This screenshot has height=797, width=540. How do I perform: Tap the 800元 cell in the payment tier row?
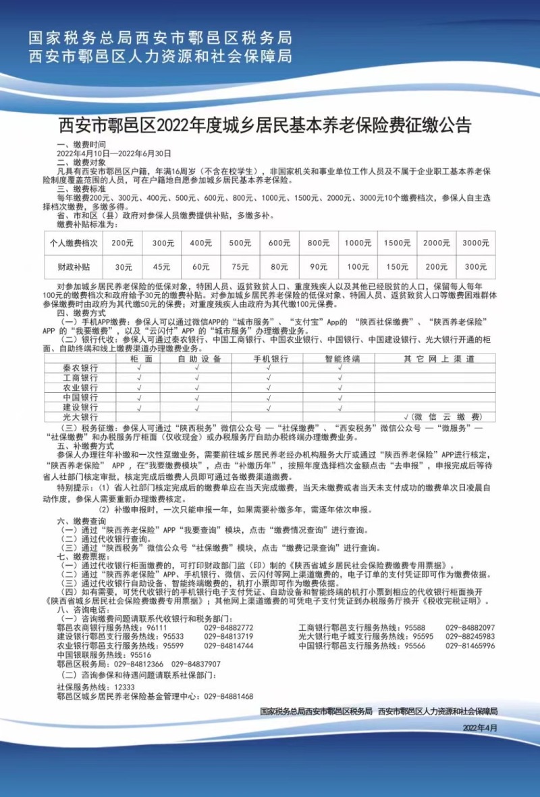coord(314,243)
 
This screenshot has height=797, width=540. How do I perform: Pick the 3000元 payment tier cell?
coord(476,243)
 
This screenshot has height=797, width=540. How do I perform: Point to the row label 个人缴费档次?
coord(74,243)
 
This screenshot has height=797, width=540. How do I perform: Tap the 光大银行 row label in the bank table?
coord(80,417)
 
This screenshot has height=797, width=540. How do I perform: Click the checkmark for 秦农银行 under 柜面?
coord(138,368)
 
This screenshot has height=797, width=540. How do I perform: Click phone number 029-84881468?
coord(228,696)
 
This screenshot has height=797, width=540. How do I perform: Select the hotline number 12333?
coord(116,686)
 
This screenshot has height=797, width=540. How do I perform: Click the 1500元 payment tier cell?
coord(395,243)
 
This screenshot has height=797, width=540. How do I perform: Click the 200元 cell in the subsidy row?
coord(435,266)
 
